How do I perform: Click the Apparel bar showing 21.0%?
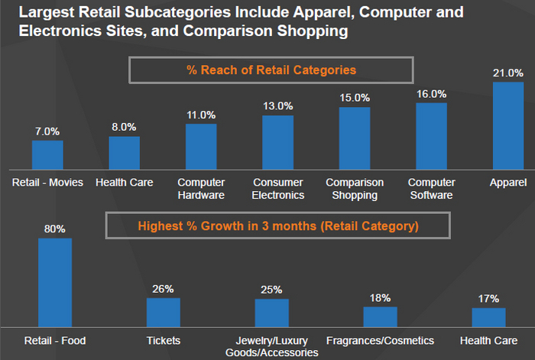tap(508, 126)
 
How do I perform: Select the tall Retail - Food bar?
tap(55, 283)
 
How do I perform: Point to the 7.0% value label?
tap(47, 131)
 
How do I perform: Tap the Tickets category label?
tap(163, 339)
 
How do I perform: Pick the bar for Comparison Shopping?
tap(355, 138)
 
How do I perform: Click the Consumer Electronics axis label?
tap(277, 189)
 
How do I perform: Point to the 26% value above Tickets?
tap(163, 289)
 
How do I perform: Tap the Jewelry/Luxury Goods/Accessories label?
tap(271, 345)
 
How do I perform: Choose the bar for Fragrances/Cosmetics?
tap(380, 317)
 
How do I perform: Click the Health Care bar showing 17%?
tap(488, 318)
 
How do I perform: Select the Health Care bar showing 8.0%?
tap(125, 153)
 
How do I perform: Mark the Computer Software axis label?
tap(431, 189)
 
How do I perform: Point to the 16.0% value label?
tap(431, 93)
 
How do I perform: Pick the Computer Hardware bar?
tap(201, 147)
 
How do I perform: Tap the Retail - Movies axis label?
tap(47, 183)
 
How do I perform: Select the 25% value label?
tap(271, 290)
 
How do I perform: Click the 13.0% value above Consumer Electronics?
tap(277, 106)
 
